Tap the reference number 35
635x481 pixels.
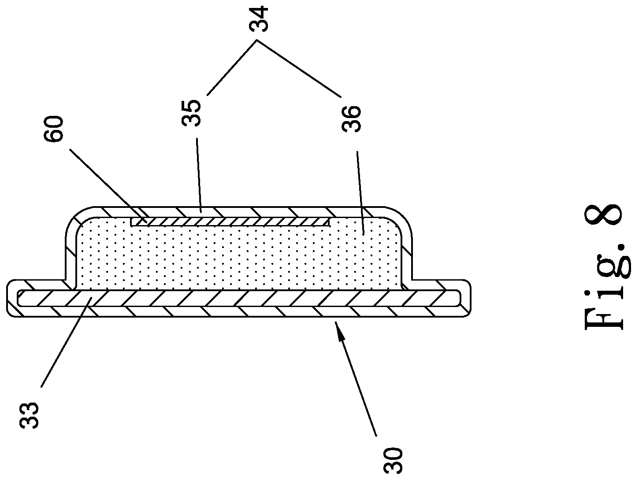191,113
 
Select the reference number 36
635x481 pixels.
351,118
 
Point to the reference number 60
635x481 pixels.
53,129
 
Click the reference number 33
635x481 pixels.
29,415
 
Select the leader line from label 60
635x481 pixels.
109,186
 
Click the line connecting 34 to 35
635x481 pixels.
232,68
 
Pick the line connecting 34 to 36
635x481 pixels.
298,69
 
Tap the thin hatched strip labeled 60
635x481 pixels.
230,222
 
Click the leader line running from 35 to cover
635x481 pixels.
199,175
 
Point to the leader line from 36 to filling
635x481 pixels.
360,192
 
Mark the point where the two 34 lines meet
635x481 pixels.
256,41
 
